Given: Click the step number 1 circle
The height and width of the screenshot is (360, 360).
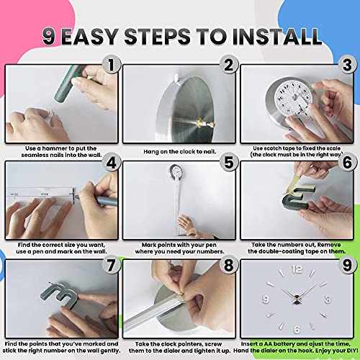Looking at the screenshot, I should [110, 66].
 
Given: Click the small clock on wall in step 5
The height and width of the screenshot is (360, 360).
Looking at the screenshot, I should [175, 171].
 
